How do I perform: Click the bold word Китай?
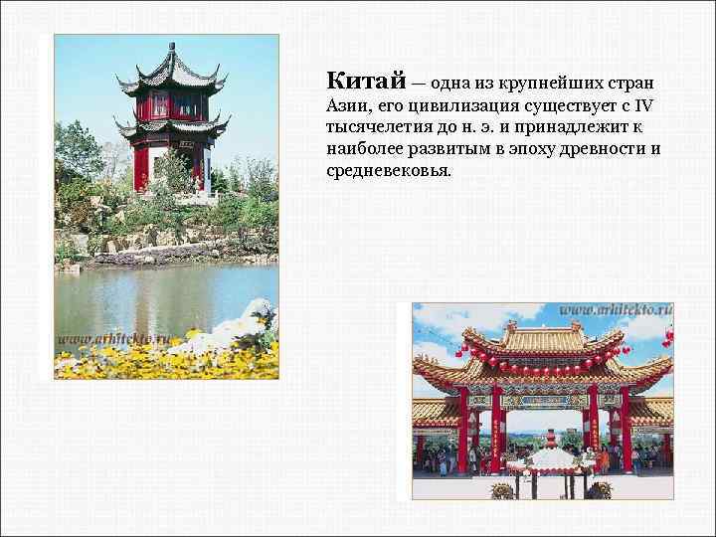(361, 80)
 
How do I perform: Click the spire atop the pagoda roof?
(172, 52)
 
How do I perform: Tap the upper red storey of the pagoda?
(171, 103)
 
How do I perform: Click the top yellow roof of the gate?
(543, 338)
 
